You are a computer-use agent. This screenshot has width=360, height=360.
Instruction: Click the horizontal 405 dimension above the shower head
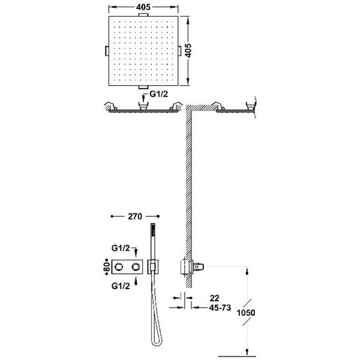point(143,7)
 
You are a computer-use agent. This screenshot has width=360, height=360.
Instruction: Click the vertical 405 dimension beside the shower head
point(188,50)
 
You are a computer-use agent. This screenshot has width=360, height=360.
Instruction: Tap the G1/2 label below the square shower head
point(158,94)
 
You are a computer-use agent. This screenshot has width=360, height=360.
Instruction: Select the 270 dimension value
point(135,216)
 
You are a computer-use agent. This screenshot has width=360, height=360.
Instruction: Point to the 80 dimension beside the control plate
point(106,267)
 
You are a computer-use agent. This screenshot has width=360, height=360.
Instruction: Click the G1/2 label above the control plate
point(121,248)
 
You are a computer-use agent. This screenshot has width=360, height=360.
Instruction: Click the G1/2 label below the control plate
point(121,286)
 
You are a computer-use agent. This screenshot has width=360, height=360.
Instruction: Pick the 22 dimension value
point(214,298)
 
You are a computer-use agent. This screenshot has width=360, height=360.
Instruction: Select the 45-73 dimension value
point(220,308)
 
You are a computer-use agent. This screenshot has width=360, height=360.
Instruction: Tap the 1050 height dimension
point(246,313)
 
